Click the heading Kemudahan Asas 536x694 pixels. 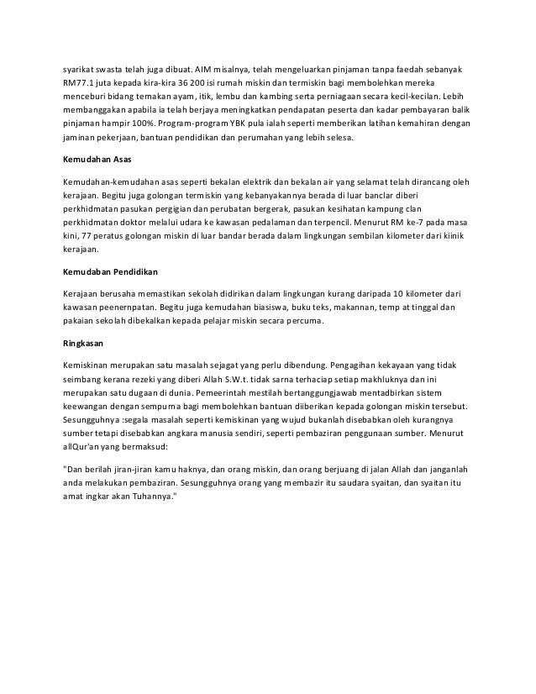(x=97, y=160)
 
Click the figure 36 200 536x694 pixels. (x=185, y=84)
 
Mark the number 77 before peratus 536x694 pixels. (x=88, y=236)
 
